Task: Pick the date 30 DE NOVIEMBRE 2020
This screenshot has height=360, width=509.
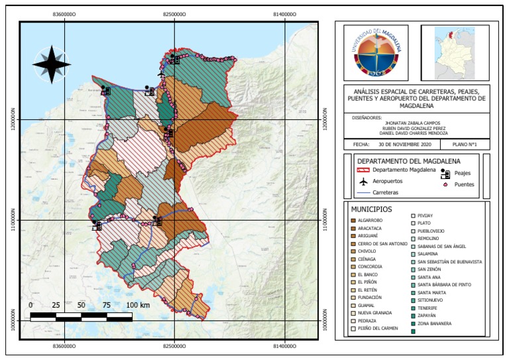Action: (x=405, y=144)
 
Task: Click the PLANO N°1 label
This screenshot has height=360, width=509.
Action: (x=465, y=144)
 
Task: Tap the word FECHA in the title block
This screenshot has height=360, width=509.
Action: (x=361, y=144)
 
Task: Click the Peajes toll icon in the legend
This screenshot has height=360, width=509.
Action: (x=446, y=174)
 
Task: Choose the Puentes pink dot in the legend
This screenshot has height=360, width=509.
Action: (x=446, y=184)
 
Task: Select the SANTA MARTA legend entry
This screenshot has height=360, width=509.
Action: (x=431, y=292)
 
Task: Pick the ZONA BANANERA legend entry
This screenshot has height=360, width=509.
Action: (x=435, y=324)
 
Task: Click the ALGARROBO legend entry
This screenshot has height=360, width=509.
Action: (x=370, y=219)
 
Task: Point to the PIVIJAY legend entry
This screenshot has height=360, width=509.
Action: (x=427, y=215)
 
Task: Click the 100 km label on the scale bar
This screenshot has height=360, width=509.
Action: (x=137, y=305)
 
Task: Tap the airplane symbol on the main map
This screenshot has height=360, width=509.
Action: (x=160, y=74)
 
